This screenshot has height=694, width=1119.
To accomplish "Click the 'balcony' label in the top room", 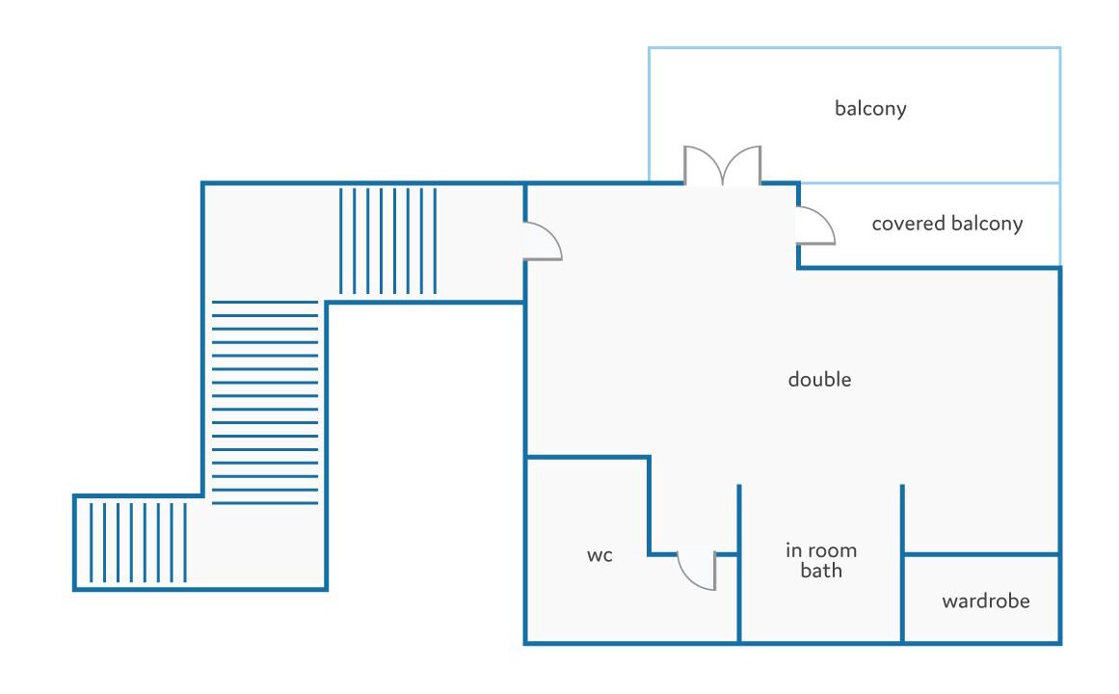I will tap(870, 108).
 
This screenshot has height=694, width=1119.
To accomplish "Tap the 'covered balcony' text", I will tap(946, 225).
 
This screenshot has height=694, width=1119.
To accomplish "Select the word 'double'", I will tap(819, 380).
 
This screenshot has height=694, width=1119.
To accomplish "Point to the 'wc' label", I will tap(599, 555).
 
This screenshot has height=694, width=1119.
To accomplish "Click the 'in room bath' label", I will tap(820, 561).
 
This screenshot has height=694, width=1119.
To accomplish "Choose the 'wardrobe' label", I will tap(985, 601).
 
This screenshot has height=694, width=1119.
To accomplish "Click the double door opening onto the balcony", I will tap(722, 167).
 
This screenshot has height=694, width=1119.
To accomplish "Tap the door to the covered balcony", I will tap(816, 226).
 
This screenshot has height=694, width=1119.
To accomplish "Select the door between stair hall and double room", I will tap(542, 241).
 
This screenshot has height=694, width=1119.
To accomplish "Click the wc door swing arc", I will tap(696, 570).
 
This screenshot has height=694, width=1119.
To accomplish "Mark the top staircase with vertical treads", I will tap(387, 240).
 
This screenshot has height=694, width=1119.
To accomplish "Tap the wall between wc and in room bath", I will tap(739, 598).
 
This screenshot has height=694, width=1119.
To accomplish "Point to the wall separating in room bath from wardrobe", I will tap(902, 598).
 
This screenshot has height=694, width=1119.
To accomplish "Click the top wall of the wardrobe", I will tap(981, 554).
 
